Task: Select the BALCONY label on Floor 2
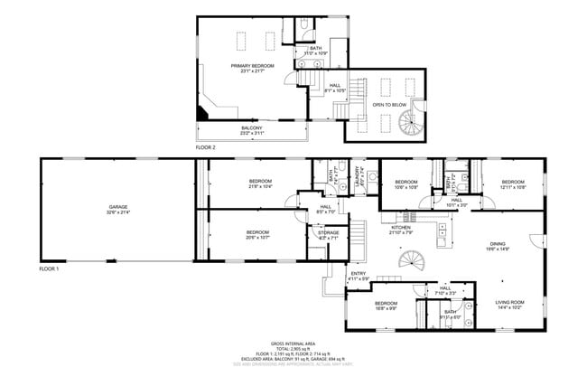251,128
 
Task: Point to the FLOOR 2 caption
206,146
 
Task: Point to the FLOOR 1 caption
49,268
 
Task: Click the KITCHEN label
400,228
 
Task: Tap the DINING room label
498,243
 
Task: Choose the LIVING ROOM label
509,302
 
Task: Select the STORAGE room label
328,232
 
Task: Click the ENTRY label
359,274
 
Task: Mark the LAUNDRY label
358,172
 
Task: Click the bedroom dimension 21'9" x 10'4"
260,186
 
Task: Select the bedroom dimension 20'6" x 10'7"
257,238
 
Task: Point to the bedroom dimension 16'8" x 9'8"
386,308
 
